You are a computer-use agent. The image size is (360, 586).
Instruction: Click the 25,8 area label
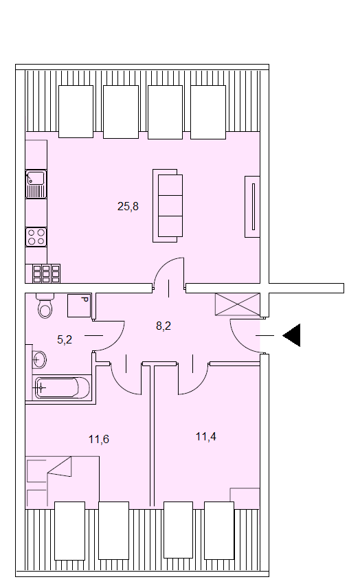point(128,206)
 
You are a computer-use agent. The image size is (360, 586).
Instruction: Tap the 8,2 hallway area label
point(164,326)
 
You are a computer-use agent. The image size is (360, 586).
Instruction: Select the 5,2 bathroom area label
point(65,339)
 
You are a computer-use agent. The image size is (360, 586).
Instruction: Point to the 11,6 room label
point(99,439)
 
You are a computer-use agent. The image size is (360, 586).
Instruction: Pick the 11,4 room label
point(205,436)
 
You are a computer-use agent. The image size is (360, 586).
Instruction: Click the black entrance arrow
point(291,335)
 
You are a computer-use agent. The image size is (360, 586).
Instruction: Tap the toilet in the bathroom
point(45,306)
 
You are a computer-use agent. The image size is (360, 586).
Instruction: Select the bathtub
point(62,387)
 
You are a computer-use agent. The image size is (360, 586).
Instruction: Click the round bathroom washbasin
point(39,360)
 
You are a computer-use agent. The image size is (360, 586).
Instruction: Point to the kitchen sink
point(36,184)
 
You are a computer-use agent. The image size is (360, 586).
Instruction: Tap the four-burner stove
point(36,237)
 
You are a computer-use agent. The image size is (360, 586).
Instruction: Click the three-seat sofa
point(168,205)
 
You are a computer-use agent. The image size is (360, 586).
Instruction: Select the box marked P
point(79,305)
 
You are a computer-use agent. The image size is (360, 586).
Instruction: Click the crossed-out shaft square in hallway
point(238,304)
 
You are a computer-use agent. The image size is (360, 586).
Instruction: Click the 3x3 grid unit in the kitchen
point(46,273)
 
